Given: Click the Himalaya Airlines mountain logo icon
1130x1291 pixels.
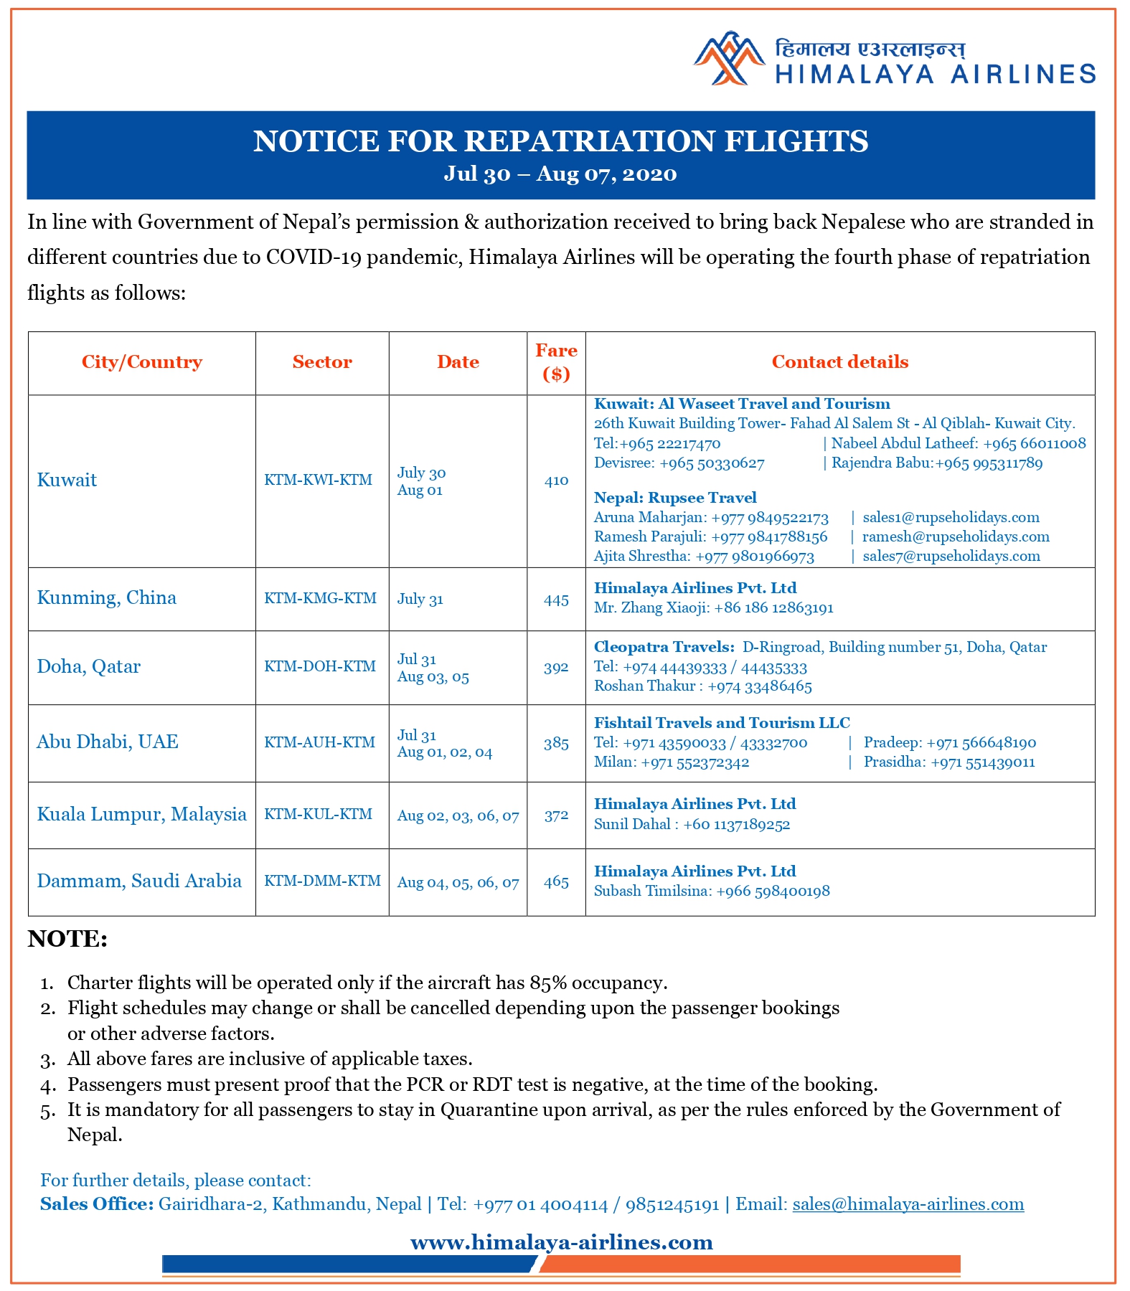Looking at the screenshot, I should (x=729, y=59).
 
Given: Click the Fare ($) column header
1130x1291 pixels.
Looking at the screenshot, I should (x=556, y=361).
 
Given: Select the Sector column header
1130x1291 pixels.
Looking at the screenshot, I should (x=322, y=362).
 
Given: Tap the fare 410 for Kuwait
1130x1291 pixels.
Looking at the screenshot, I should (x=556, y=481).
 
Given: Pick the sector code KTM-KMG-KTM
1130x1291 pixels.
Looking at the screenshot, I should (x=320, y=598).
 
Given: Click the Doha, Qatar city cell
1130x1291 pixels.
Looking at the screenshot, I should (x=89, y=667).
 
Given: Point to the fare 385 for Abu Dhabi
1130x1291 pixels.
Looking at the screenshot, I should (x=556, y=744).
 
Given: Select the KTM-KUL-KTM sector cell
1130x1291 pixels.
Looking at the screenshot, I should (x=318, y=815).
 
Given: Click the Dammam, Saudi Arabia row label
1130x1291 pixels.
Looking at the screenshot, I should (x=139, y=881).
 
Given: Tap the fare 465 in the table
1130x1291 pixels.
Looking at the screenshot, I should (x=556, y=882).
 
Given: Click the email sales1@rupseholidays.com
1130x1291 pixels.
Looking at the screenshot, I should (x=951, y=517).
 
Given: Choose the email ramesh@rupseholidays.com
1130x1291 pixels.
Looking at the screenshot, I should (x=956, y=536).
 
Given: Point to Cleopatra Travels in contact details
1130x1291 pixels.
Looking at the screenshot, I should (x=664, y=647).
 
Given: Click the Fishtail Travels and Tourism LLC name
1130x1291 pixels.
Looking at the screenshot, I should (x=722, y=723).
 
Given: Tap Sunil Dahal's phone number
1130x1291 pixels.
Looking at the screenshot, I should (x=736, y=824).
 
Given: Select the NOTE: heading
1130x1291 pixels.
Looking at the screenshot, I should (x=67, y=939).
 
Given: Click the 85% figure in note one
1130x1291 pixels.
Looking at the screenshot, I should (x=547, y=983).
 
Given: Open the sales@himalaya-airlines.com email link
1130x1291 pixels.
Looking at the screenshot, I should (x=908, y=1204).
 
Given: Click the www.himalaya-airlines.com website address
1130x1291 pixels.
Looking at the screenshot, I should (x=562, y=1242).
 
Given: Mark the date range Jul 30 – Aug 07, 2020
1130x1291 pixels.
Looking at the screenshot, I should (x=560, y=174).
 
